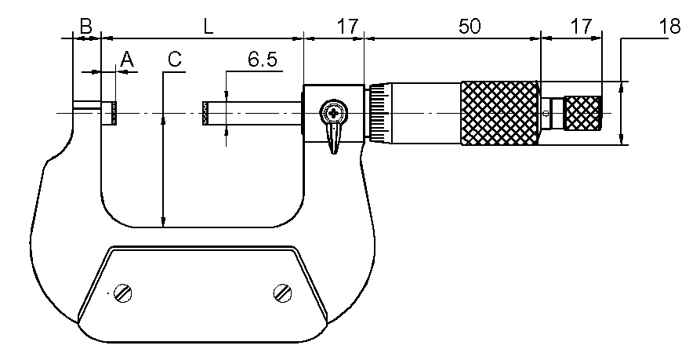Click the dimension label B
(x=86, y=26)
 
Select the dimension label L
(x=208, y=26)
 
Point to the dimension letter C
(x=174, y=59)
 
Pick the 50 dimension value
(x=469, y=26)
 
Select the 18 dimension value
(x=669, y=26)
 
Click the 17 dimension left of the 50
(x=347, y=26)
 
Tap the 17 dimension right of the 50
(x=580, y=26)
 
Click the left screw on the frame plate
(x=122, y=293)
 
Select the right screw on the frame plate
(x=283, y=293)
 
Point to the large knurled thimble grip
(x=500, y=114)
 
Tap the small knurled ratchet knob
(x=583, y=114)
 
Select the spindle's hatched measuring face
(x=206, y=114)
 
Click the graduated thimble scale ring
(x=379, y=114)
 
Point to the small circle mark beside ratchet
(x=546, y=115)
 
